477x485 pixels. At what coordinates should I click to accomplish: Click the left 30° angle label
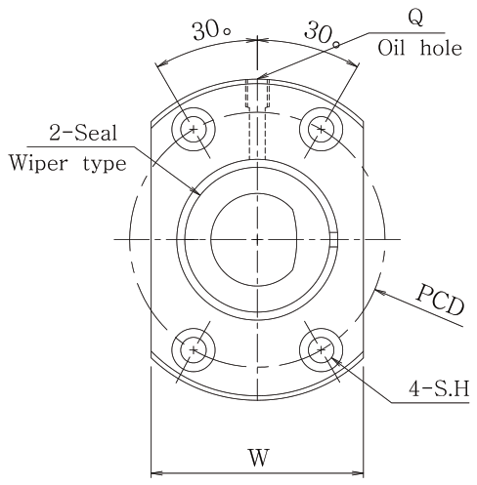click(212, 31)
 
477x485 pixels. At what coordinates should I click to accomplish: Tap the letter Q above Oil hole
click(416, 18)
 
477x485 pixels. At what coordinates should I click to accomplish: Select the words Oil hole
click(419, 48)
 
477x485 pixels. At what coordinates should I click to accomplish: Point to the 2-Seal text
click(83, 134)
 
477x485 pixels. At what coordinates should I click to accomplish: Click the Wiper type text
click(67, 163)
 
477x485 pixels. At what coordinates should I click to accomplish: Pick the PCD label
click(441, 300)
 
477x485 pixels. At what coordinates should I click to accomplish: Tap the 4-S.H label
click(439, 388)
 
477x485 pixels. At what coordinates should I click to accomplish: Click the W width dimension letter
click(259, 458)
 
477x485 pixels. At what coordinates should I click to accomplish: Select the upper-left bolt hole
click(194, 129)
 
